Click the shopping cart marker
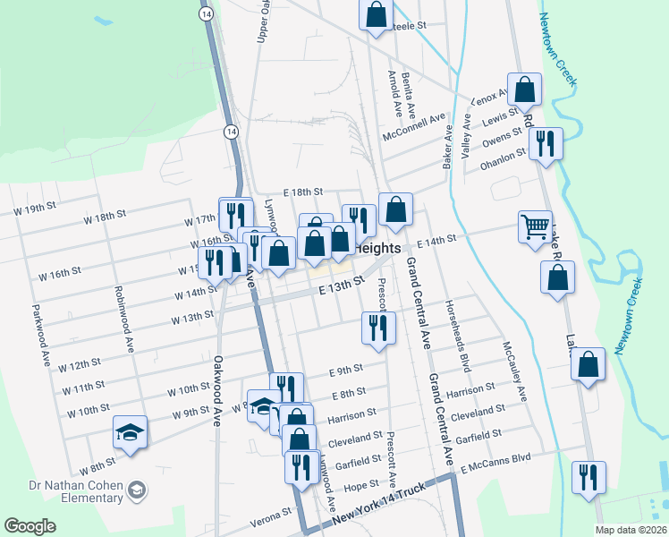pos(535,226)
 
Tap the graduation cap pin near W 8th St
pos(131,433)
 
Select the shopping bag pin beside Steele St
pos(377,14)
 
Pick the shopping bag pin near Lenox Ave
pos(525,89)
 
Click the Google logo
pos(30,526)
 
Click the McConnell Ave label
pos(413,127)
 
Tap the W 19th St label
pos(27,209)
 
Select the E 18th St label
pos(302,192)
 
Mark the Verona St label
pos(275,514)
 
